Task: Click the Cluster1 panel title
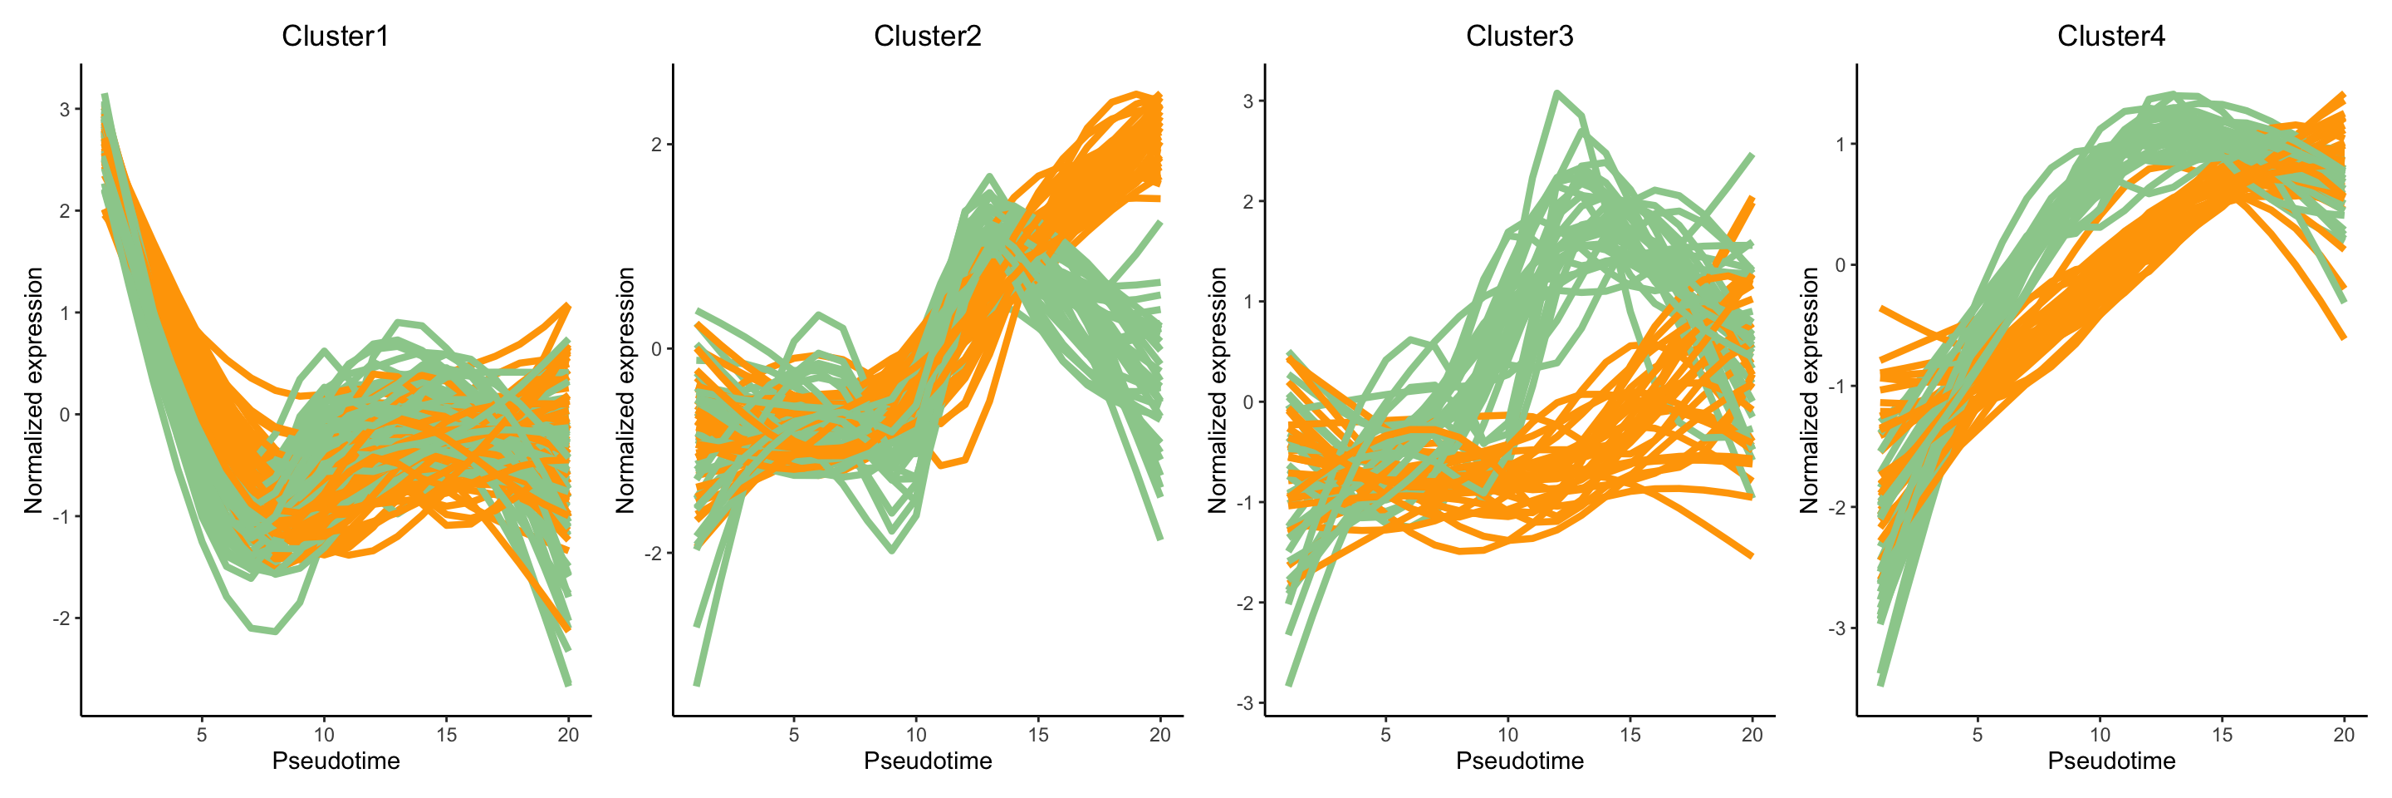[336, 37]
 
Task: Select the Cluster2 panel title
[927, 37]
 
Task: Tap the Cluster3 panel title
[1519, 37]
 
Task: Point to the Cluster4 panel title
[2110, 37]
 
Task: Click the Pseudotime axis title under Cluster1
[336, 761]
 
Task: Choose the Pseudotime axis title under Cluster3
[1519, 761]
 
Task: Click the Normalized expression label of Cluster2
[626, 390]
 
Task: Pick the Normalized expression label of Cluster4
[1809, 390]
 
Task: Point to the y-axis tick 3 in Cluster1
[64, 110]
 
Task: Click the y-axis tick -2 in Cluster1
[61, 618]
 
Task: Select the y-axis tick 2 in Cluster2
[656, 145]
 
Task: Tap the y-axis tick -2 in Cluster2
[653, 554]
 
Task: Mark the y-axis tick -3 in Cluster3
[1244, 703]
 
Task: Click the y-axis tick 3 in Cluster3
[1248, 101]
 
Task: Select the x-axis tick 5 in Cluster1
[202, 735]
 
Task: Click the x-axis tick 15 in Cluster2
[1038, 735]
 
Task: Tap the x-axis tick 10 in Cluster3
[1508, 735]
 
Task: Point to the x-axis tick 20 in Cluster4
[2344, 735]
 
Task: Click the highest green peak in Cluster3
[1556, 93]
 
